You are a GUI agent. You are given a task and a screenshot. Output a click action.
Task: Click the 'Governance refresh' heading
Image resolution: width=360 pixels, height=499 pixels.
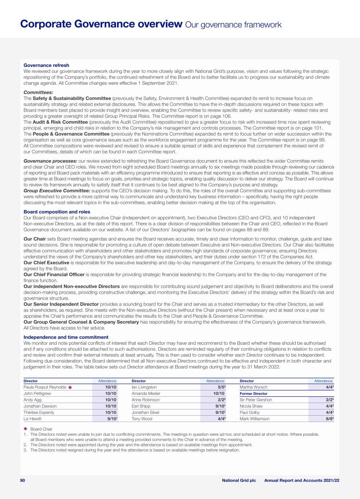pos(46,65)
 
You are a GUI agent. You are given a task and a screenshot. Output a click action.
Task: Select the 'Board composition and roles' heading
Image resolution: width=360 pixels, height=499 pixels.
pos(57,212)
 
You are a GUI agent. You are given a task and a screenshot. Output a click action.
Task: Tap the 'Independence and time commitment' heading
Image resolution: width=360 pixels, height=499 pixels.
pos(66,337)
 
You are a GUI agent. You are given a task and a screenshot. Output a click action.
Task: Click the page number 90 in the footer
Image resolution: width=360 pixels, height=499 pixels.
pos(22,480)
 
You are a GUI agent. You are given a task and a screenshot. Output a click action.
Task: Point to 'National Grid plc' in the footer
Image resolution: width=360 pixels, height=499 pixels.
pos(239,480)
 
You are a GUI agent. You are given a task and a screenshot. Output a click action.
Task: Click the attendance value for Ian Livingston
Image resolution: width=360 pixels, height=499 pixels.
pos(219,387)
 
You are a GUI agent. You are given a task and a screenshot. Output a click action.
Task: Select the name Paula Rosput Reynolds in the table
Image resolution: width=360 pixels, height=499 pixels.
pos(45,387)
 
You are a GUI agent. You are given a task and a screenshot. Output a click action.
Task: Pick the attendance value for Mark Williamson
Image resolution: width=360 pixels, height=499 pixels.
pos(327,419)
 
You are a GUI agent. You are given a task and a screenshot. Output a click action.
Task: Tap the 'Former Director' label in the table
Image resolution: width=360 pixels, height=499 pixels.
pos(254,394)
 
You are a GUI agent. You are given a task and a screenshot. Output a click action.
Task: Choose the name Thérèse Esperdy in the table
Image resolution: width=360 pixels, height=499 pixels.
pos(39,412)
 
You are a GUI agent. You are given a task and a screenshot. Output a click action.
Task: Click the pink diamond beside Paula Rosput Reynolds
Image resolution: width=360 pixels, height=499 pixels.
pos(70,387)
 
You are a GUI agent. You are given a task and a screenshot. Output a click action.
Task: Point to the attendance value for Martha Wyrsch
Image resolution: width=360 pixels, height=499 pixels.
pos(327,387)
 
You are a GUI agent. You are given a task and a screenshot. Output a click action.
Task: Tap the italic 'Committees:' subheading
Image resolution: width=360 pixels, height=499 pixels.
pos(38,92)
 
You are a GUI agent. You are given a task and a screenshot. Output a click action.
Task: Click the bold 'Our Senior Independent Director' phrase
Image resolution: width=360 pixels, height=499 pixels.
pos(61,304)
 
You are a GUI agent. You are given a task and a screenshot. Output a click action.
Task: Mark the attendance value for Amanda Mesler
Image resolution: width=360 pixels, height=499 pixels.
pos(219,393)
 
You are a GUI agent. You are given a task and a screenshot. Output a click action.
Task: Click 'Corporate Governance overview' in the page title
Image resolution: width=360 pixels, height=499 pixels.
pos(101,24)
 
